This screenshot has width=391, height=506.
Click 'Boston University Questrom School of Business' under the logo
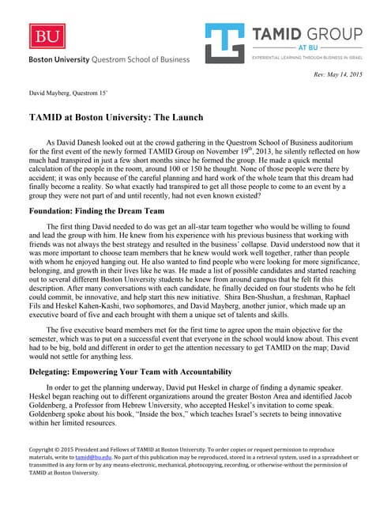click(110, 59)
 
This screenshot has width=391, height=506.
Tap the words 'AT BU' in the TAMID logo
click(307, 47)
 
